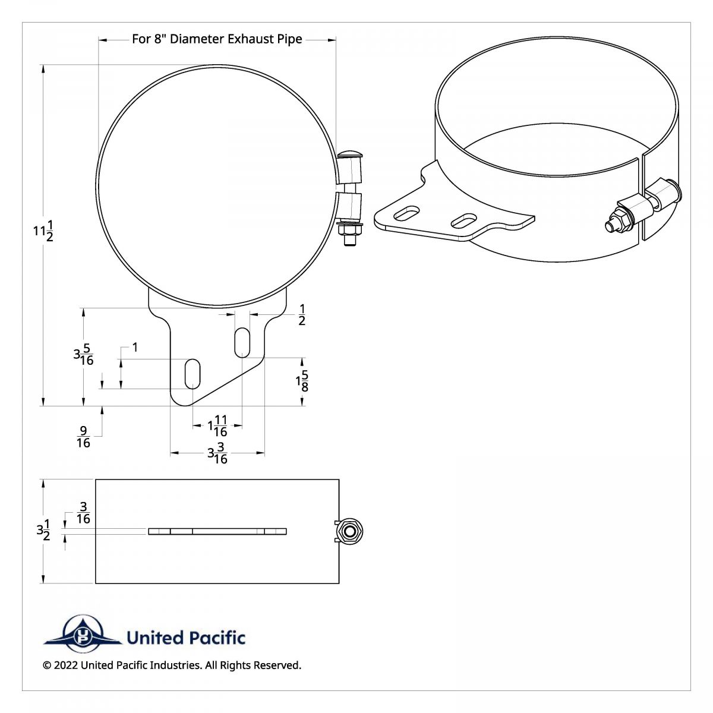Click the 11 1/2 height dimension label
pos(43,231)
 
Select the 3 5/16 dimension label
pos(84,355)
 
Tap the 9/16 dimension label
pos(83,437)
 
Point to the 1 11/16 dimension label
pos(217,426)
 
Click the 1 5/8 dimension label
pos(302,381)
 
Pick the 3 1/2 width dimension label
pos(43,530)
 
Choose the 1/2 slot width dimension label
pos(302,315)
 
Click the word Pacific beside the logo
pos(217,638)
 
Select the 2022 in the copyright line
pos(66,665)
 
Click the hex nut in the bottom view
pos(349,531)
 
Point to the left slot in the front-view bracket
pos(193,374)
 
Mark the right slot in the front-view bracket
pos(242,342)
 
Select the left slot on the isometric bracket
pos(406,212)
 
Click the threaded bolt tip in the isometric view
pos(610,226)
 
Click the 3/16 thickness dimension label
pos(83,513)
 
